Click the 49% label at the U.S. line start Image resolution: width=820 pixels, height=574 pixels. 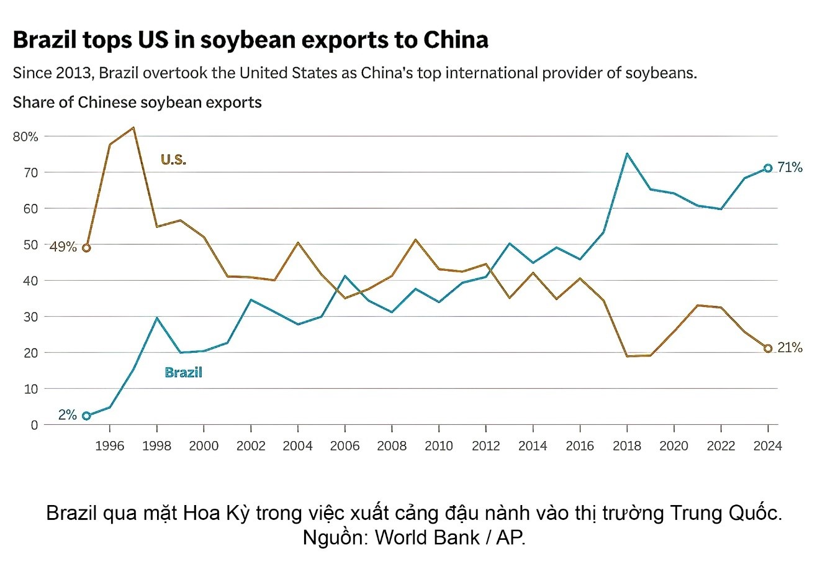click(x=63, y=247)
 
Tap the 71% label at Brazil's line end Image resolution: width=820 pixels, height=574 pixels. click(x=790, y=168)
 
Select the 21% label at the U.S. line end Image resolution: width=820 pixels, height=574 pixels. click(x=790, y=348)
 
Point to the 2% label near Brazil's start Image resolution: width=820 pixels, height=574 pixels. click(x=67, y=416)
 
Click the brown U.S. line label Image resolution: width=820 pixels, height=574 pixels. click(x=173, y=160)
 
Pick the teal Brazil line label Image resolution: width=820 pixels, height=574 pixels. click(x=183, y=373)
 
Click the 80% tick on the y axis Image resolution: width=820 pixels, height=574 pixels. click(x=25, y=136)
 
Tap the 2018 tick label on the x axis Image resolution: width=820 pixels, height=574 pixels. click(x=626, y=446)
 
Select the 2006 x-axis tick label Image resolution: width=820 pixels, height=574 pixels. click(x=345, y=446)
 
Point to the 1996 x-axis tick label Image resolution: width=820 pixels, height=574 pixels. click(x=110, y=446)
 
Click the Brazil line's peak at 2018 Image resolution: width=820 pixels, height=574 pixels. click(x=627, y=153)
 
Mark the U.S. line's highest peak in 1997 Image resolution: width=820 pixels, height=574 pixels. click(x=133, y=128)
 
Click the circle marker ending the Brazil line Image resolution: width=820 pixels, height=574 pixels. click(x=768, y=168)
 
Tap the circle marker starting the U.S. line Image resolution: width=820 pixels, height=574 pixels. click(x=86, y=248)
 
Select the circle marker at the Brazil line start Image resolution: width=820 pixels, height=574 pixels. click(x=86, y=416)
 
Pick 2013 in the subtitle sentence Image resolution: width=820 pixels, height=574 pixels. click(x=76, y=73)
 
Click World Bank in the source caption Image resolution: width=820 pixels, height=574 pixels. click(x=426, y=537)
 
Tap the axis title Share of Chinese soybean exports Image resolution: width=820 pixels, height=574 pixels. click(x=137, y=102)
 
